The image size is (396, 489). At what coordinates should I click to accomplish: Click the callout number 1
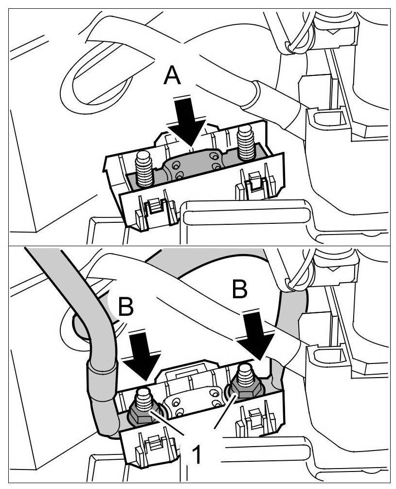tap(196, 455)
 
